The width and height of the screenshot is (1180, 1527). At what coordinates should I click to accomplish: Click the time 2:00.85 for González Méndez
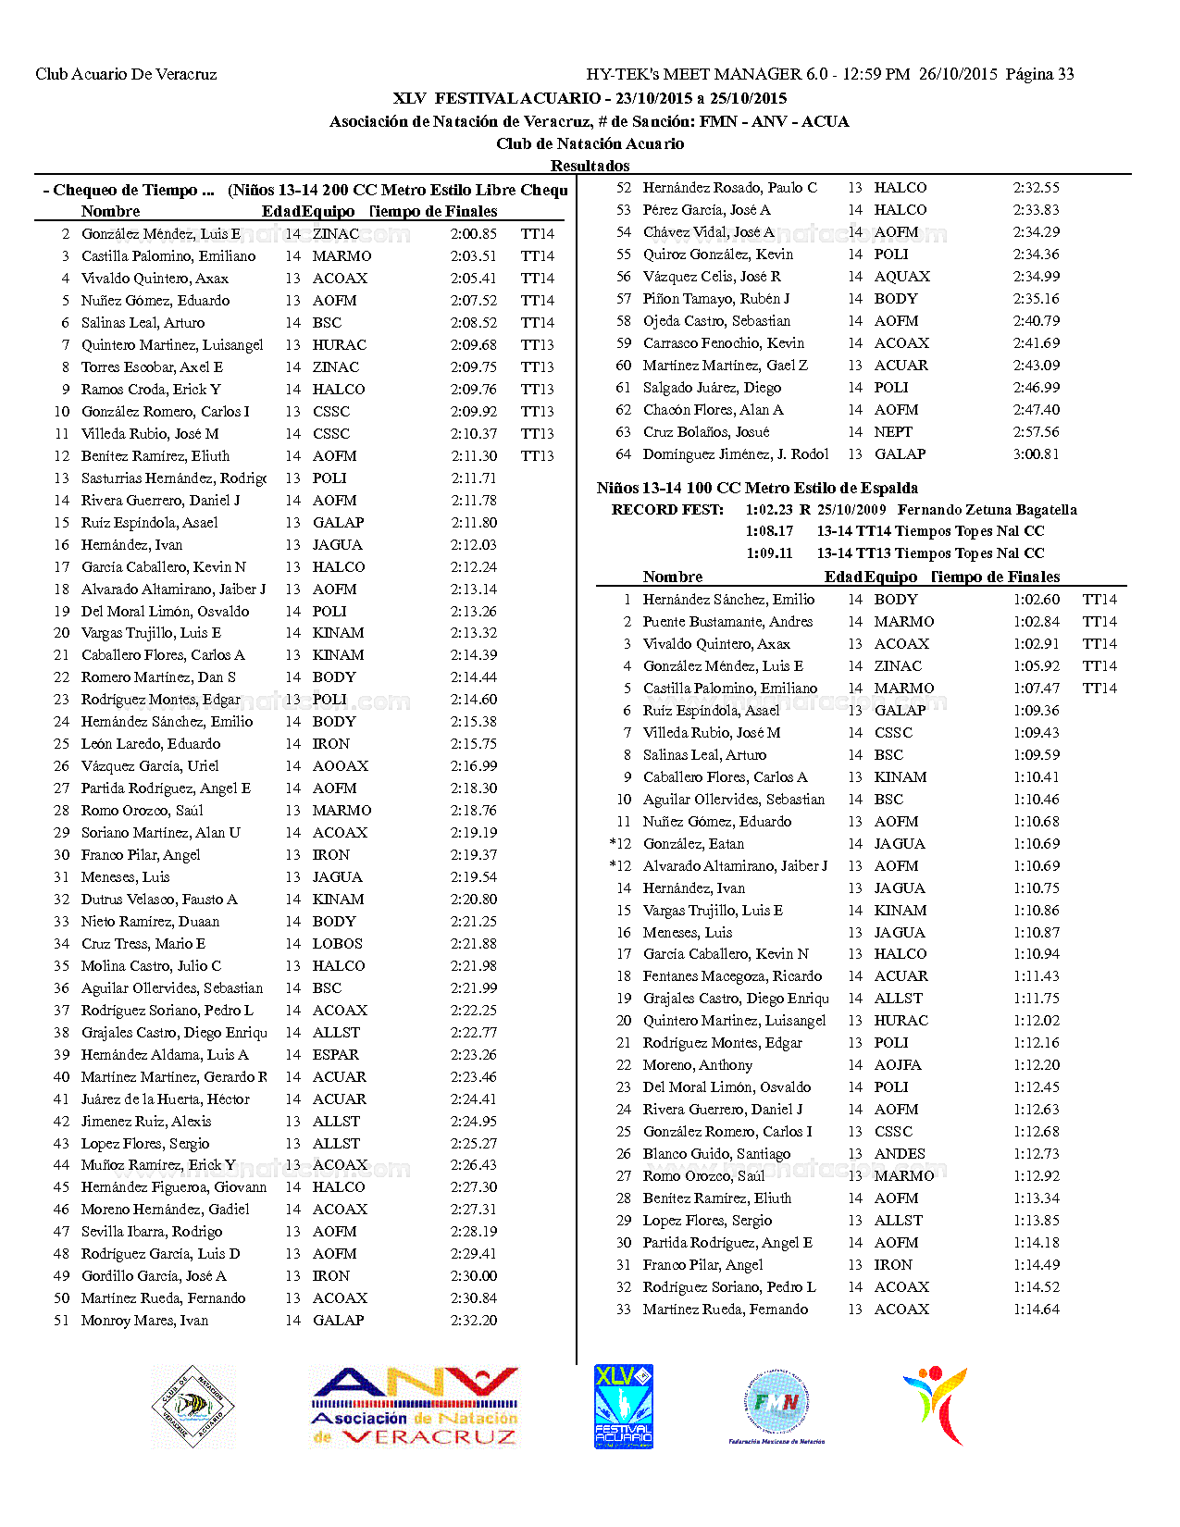(x=473, y=234)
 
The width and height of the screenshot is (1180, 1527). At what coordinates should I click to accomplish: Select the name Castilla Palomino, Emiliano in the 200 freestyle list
(x=168, y=256)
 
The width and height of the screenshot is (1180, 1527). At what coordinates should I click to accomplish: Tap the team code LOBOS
(x=337, y=944)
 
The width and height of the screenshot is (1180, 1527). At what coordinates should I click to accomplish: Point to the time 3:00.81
(x=1036, y=454)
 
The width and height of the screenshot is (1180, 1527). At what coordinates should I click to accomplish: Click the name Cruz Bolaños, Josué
(x=706, y=432)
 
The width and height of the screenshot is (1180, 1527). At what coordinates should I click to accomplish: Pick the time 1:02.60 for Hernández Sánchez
(x=1036, y=600)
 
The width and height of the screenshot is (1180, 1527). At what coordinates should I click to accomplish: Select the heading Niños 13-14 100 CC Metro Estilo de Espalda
(x=757, y=488)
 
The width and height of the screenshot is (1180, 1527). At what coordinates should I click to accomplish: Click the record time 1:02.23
(x=768, y=510)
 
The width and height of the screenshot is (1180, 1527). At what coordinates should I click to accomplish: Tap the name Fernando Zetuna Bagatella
(x=987, y=510)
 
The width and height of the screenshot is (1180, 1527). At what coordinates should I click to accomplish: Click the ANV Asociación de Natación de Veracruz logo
(x=415, y=1407)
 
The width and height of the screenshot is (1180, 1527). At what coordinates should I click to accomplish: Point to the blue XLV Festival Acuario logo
(x=623, y=1407)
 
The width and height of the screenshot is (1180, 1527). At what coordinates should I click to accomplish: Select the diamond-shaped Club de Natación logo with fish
(x=193, y=1407)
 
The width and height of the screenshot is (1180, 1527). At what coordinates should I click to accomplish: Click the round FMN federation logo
(x=776, y=1405)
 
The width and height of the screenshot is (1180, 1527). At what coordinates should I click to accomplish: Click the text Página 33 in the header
(x=1039, y=74)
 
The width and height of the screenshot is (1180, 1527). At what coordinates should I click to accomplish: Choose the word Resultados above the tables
(x=590, y=166)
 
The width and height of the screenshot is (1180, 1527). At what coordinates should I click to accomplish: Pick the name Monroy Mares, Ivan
(x=144, y=1321)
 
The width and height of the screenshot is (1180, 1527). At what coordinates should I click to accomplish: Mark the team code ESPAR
(x=335, y=1055)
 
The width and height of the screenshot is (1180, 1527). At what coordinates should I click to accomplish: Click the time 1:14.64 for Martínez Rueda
(x=1036, y=1310)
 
